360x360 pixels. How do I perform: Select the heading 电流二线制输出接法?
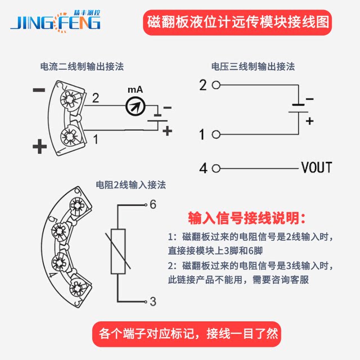tap(82, 66)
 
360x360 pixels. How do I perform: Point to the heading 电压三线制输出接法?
tap(253, 66)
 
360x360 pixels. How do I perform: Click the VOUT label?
tap(317, 168)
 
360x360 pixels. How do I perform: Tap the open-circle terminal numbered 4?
tap(216, 168)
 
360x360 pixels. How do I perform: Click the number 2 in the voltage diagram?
tap(203, 85)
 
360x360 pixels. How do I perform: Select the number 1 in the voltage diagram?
tap(203, 134)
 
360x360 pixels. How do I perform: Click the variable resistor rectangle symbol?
tap(118, 252)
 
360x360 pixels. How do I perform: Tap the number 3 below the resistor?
tap(152, 301)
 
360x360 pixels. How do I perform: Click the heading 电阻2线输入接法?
tap(131, 184)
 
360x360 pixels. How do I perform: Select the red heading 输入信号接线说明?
tap(247, 218)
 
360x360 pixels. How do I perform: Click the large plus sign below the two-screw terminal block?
tap(39, 147)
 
